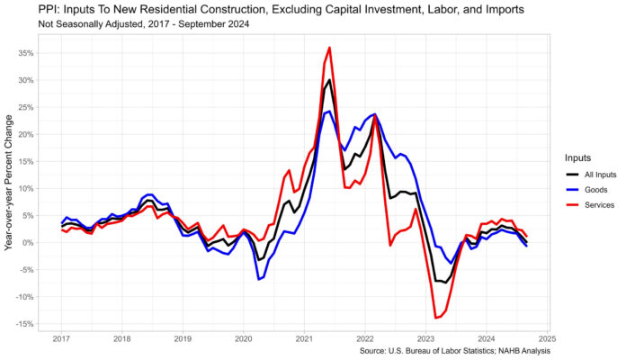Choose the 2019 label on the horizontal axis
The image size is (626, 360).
click(183, 339)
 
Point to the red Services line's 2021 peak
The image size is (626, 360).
click(330, 48)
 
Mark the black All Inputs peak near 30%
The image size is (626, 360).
click(329, 80)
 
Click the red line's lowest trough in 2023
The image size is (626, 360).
click(436, 318)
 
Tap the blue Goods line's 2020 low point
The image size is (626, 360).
click(258, 279)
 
